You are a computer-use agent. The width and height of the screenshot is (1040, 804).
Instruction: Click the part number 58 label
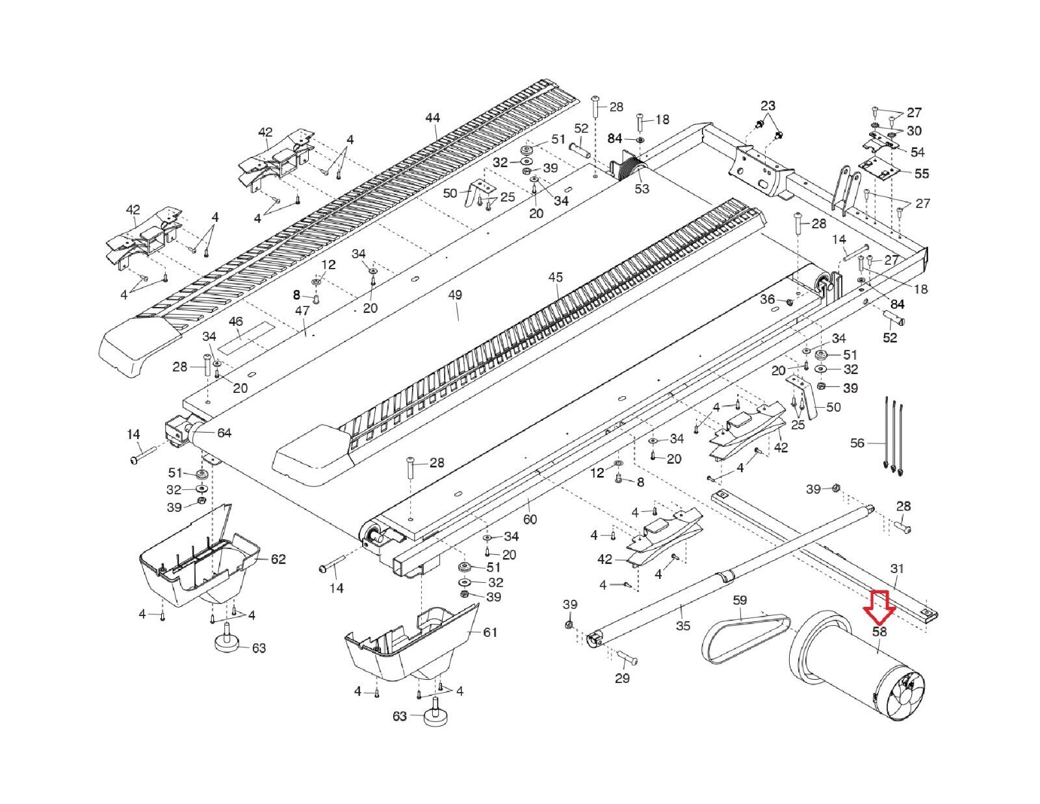click(879, 632)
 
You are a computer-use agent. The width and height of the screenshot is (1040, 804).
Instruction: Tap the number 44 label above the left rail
click(432, 118)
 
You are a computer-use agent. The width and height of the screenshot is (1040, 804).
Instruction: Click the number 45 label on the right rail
click(555, 278)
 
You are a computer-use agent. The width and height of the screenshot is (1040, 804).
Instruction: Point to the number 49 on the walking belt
click(455, 295)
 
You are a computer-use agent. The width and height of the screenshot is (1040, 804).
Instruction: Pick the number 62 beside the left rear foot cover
click(278, 559)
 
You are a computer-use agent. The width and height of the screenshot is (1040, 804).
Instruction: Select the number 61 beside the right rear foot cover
click(490, 632)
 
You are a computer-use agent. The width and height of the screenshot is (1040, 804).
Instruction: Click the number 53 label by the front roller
click(642, 189)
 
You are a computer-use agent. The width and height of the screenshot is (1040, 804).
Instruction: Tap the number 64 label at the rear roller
click(224, 433)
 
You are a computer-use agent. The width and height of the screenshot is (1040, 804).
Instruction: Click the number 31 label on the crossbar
click(897, 569)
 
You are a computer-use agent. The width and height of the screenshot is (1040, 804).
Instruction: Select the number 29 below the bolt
click(622, 679)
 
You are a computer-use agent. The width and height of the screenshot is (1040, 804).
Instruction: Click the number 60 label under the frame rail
click(530, 519)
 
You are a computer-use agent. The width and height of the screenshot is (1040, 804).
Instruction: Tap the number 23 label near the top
click(768, 105)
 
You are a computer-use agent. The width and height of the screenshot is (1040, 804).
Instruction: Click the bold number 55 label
click(922, 174)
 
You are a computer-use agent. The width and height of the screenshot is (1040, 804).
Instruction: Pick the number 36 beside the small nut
click(768, 299)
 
